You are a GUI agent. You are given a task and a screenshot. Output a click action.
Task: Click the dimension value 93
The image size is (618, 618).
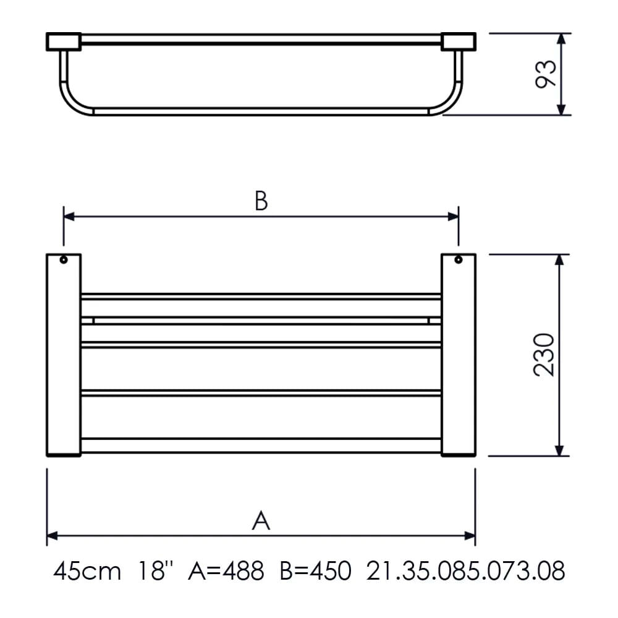pyautogui.click(x=546, y=74)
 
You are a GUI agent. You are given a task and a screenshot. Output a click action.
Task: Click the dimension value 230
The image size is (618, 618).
pyautogui.click(x=544, y=355)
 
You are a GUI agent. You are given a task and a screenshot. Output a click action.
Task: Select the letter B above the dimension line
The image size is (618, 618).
pyautogui.click(x=261, y=201)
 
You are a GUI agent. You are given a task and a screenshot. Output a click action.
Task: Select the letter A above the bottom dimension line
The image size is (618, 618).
pyautogui.click(x=261, y=520)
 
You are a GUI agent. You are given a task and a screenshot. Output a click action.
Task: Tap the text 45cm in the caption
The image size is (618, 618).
pyautogui.click(x=87, y=570)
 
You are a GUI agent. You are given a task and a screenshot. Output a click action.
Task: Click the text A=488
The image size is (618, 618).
pyautogui.click(x=226, y=570)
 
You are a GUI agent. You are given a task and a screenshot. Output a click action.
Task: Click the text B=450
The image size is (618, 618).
pyautogui.click(x=315, y=570)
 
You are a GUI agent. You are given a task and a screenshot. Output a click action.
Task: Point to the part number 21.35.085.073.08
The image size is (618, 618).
pyautogui.click(x=465, y=570)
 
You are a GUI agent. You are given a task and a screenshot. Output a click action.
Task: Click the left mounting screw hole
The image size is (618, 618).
pyautogui.click(x=64, y=260)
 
